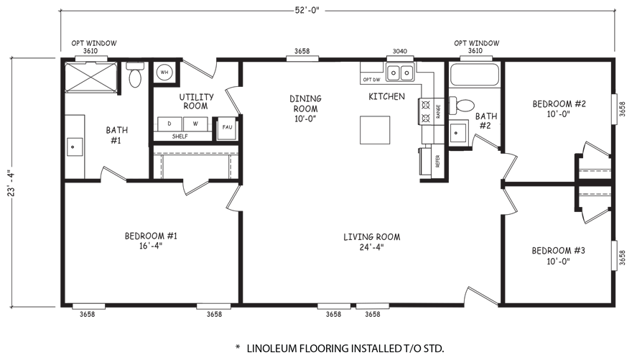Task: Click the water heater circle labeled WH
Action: click(164, 73)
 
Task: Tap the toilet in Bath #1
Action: click(134, 75)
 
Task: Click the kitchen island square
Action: click(375, 130)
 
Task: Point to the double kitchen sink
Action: click(400, 73)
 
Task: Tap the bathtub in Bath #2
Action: click(475, 74)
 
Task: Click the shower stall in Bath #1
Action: click(90, 77)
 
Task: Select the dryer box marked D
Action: click(169, 124)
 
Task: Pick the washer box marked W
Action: click(195, 124)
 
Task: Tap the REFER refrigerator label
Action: click(437, 161)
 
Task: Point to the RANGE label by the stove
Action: click(438, 111)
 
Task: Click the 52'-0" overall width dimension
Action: click(307, 11)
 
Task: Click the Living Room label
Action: click(371, 237)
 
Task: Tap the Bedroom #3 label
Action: click(558, 251)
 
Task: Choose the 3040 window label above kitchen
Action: click(400, 51)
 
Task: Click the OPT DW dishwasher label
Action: click(371, 80)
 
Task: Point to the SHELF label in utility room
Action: click(180, 137)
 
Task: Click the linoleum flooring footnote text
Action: click(340, 349)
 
